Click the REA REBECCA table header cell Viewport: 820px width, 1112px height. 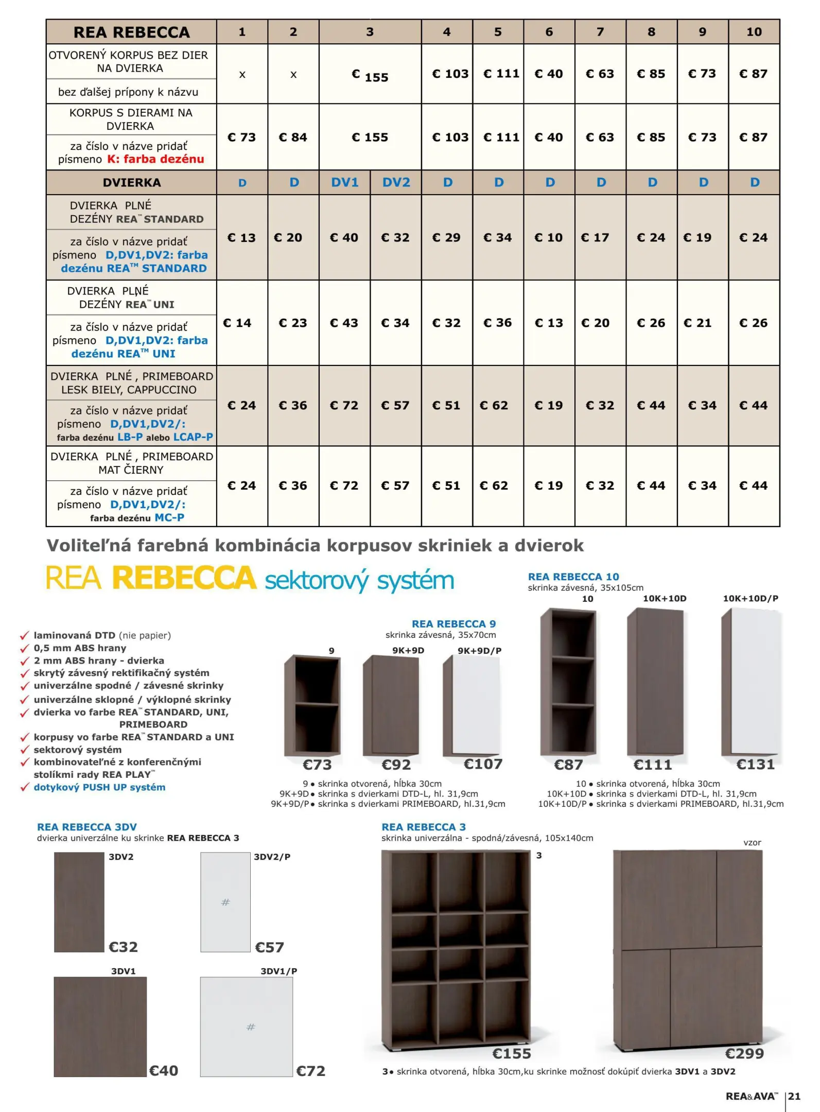click(x=131, y=32)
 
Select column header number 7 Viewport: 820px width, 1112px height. click(x=600, y=32)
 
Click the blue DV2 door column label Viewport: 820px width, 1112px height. click(x=396, y=182)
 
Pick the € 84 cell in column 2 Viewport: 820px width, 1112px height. click(x=293, y=137)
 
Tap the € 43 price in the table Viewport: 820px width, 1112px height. click(x=344, y=323)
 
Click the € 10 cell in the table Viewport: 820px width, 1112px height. click(x=549, y=237)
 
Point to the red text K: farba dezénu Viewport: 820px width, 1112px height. click(x=155, y=159)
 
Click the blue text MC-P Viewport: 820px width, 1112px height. click(x=169, y=517)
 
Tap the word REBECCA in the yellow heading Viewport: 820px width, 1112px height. click(x=184, y=578)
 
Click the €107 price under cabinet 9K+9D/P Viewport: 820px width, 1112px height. click(x=483, y=764)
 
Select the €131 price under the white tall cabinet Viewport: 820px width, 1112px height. click(x=755, y=764)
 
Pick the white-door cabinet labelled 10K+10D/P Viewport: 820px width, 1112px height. click(x=752, y=682)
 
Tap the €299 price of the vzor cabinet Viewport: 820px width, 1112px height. click(x=744, y=1053)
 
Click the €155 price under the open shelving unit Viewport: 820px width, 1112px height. click(x=511, y=1053)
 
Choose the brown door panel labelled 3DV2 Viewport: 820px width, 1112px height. click(x=79, y=902)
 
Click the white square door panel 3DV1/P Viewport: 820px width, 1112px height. click(x=246, y=1027)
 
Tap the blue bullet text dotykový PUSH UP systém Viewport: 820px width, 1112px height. click(x=99, y=787)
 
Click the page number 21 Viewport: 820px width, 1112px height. click(x=794, y=1096)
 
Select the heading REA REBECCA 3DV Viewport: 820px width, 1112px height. click(x=87, y=827)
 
